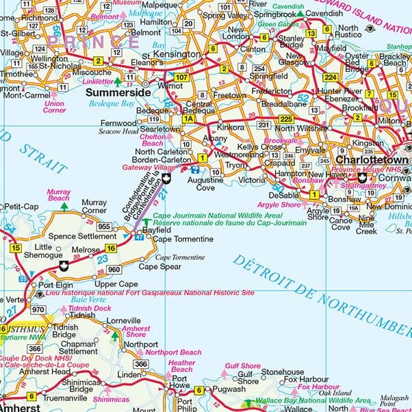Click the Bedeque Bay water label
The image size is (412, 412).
point(112,104)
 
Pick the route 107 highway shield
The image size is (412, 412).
point(182,77)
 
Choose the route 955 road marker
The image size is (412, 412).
point(104,226)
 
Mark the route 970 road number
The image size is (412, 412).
point(38,310)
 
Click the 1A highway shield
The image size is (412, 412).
point(188,119)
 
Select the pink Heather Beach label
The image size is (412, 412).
point(182,366)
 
